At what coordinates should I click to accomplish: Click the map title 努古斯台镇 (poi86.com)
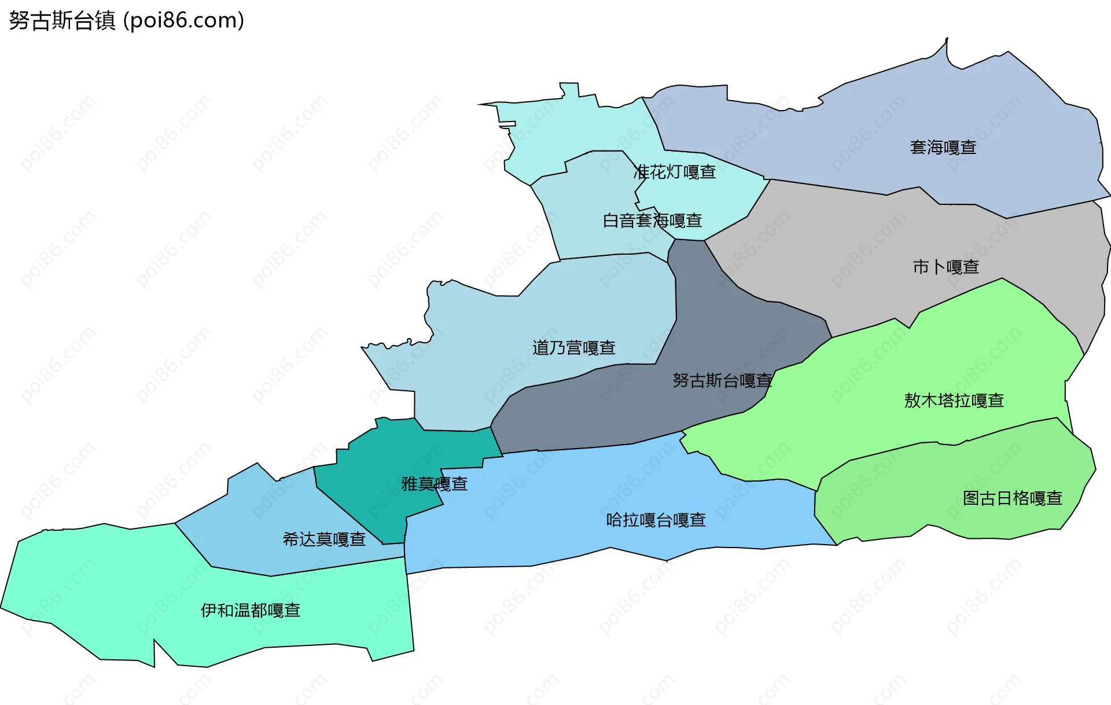pos(126,20)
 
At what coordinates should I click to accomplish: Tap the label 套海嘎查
pos(943,148)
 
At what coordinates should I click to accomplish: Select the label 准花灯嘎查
pos(675,172)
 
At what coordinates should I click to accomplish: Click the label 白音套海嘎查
pos(652,221)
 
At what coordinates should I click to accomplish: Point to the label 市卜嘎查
pos(946,267)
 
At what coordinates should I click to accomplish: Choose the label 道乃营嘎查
pos(573,348)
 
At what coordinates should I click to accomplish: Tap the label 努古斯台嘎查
pos(722,380)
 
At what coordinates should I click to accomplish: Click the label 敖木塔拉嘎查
pos(954,401)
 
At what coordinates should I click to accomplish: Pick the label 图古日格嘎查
pos(1013,498)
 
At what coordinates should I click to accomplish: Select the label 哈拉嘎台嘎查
pos(656,520)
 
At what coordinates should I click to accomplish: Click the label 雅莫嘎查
pos(435,484)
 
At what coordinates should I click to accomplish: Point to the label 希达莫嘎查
pos(324,539)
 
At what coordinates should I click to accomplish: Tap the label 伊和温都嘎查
pos(251,611)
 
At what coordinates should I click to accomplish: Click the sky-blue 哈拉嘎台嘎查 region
pos(550,509)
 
